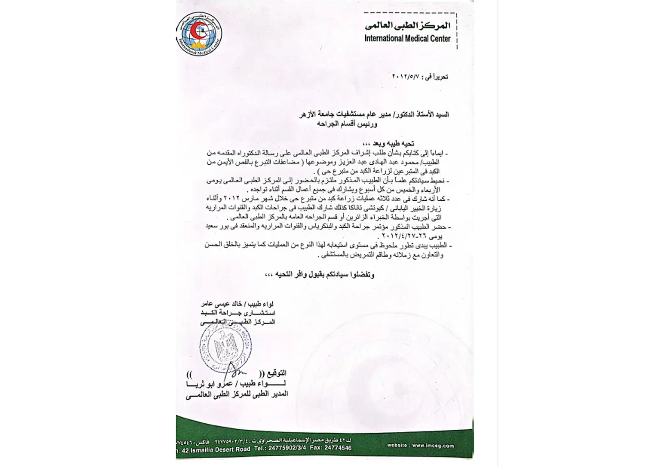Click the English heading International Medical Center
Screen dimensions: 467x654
(407, 39)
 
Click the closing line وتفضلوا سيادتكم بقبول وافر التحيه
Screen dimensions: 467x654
(319, 275)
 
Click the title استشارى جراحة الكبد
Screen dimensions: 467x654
(238, 313)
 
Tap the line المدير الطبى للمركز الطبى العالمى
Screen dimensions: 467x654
(237, 394)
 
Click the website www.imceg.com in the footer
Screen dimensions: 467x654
(421, 446)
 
